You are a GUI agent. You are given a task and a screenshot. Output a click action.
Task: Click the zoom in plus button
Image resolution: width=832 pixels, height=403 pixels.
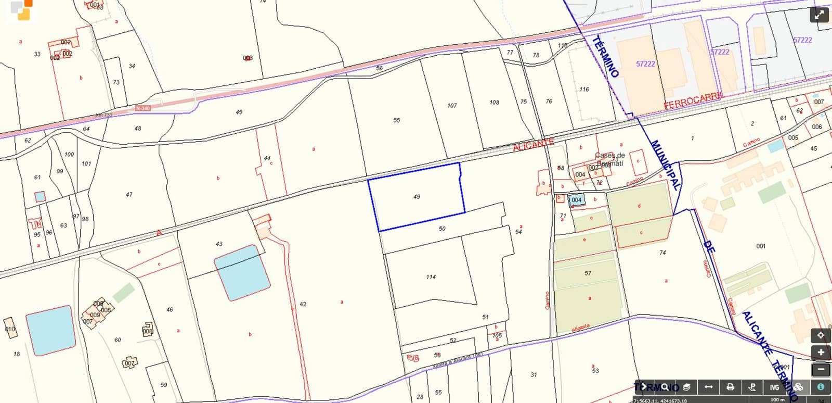[821, 352]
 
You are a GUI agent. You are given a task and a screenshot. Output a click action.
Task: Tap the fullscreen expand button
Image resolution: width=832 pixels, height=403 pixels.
[820, 15]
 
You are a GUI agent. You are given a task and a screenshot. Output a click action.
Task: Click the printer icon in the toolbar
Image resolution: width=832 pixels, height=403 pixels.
[730, 387]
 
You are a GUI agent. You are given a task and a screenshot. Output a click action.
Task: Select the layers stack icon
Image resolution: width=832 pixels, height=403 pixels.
[686, 387]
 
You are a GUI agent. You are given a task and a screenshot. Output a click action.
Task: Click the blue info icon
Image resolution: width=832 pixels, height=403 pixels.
[821, 387]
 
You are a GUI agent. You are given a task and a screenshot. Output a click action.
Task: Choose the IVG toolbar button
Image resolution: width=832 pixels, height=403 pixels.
[774, 387]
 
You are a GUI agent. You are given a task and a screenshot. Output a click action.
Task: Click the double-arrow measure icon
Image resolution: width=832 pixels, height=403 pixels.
[708, 387]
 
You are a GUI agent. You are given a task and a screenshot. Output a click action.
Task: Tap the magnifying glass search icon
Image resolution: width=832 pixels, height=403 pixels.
[665, 387]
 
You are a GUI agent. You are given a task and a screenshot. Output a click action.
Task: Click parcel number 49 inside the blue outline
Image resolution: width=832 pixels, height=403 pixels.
[417, 197]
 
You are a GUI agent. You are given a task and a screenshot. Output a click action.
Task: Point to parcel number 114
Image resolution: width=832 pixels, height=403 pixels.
[431, 277]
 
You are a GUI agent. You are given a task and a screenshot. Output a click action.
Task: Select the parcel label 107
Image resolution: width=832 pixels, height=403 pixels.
[452, 106]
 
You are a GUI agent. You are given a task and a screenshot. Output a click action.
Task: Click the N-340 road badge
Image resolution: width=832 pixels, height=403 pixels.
[142, 108]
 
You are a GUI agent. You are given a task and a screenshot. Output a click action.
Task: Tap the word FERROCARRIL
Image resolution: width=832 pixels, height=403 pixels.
[693, 100]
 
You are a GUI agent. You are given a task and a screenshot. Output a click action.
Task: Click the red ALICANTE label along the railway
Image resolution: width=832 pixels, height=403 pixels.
[533, 145]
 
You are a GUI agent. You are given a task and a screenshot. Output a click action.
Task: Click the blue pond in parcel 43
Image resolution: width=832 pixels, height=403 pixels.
[242, 272]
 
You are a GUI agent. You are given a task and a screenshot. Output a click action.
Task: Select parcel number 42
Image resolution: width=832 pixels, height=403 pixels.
[303, 304]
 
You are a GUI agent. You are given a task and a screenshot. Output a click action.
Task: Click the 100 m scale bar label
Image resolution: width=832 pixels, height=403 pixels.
[777, 400]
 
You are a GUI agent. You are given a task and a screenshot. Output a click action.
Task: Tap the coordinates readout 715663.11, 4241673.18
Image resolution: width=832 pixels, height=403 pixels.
[660, 400]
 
